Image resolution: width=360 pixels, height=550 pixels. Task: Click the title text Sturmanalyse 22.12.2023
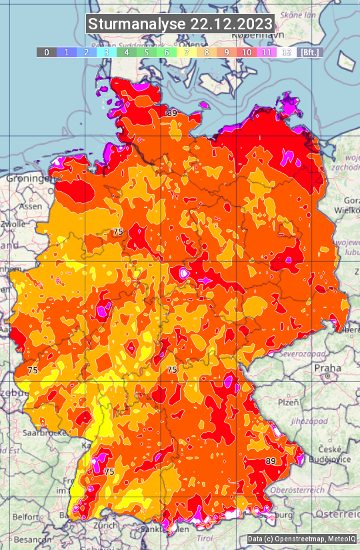tap(180, 24)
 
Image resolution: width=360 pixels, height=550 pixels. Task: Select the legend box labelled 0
tap(46, 52)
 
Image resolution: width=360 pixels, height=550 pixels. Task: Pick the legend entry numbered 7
tap(187, 52)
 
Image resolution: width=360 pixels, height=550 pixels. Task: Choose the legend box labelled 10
tap(247, 52)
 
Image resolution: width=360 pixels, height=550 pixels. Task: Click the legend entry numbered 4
tap(127, 52)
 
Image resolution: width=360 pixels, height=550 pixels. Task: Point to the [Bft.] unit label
tap(309, 52)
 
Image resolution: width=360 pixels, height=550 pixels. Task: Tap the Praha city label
tap(327, 368)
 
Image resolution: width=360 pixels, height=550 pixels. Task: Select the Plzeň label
tap(287, 403)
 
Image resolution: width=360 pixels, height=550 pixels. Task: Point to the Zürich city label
tap(106, 525)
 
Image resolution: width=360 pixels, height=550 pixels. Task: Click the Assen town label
tap(30, 207)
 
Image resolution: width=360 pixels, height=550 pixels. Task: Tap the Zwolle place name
tap(12, 224)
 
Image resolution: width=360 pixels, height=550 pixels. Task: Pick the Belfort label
tap(25, 517)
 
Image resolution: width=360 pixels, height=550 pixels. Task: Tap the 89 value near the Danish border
tap(172, 113)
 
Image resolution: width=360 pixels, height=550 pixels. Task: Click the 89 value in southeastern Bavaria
tap(271, 461)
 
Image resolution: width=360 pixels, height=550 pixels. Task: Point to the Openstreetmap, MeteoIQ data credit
tap(301, 539)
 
